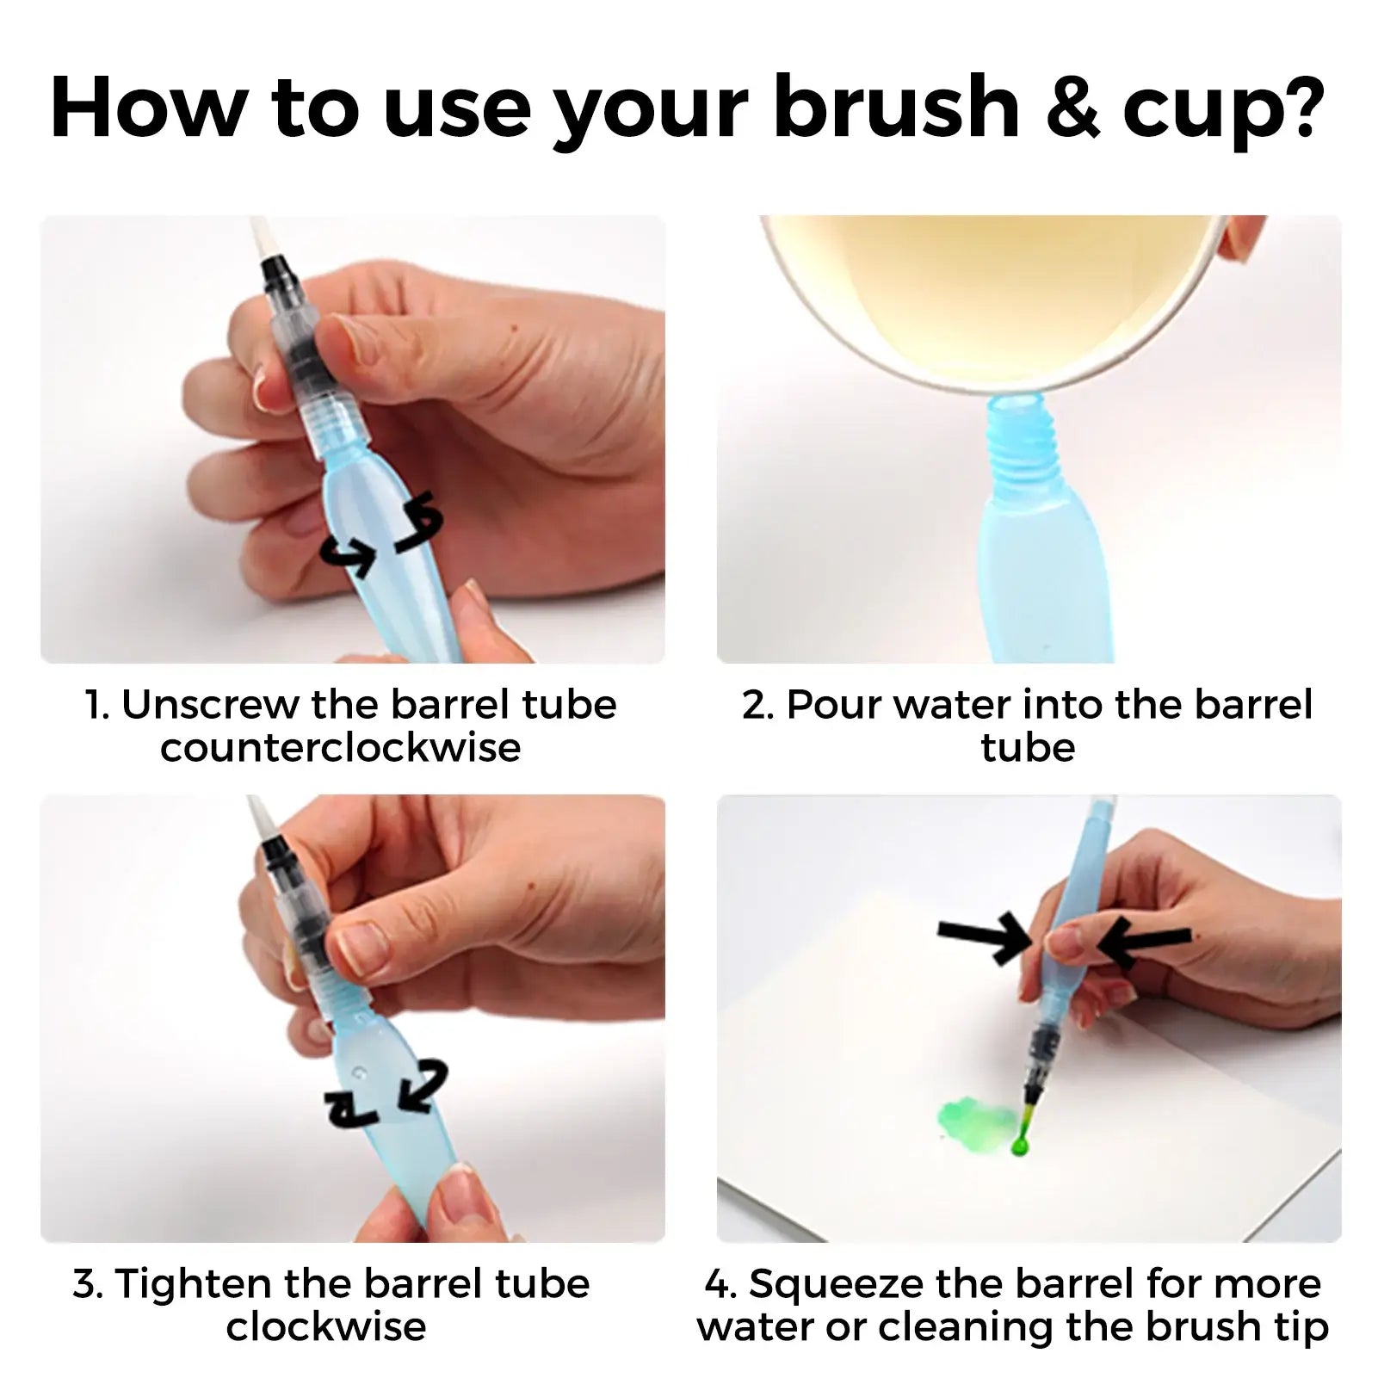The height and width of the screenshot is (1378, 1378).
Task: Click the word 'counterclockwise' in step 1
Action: click(341, 747)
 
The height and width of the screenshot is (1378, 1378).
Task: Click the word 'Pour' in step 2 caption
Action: click(836, 705)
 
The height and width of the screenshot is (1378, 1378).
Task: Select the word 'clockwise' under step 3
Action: click(326, 1327)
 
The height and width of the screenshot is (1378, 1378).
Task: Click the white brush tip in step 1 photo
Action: click(259, 238)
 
